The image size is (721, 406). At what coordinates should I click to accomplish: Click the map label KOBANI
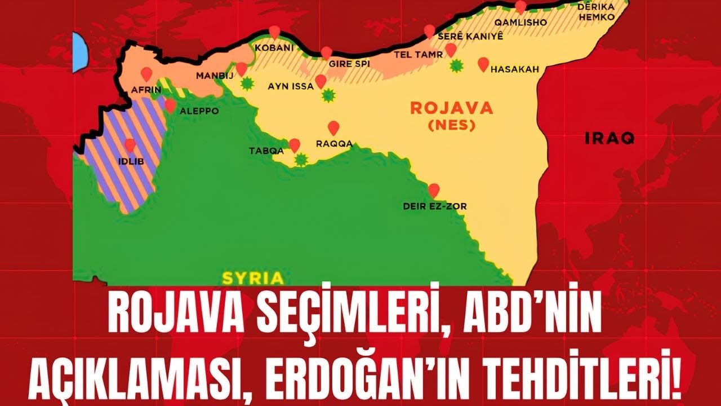(274, 48)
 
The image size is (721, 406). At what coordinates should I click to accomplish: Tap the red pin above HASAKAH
(483, 64)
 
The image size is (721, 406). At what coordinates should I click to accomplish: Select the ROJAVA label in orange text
(451, 108)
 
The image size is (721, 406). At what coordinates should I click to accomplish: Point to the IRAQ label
(610, 138)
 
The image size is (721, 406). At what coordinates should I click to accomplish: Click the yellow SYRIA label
(252, 278)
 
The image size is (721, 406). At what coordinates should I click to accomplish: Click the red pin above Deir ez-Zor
(434, 190)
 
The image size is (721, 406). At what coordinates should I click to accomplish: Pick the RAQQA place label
(334, 144)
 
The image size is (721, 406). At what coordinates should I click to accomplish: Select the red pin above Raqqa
(333, 127)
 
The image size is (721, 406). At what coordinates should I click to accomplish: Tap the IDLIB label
(131, 162)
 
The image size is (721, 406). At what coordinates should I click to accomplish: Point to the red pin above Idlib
(130, 145)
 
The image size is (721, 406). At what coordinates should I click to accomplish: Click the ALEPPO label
(199, 111)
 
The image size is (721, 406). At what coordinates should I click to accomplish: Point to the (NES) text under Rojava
(451, 125)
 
